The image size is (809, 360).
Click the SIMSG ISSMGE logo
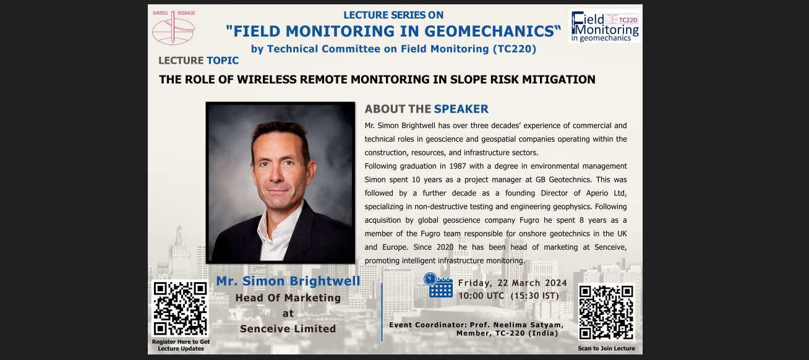(x=174, y=27)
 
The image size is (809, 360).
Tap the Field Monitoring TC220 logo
(x=604, y=26)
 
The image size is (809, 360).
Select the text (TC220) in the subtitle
(x=515, y=49)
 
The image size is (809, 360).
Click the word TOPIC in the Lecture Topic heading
(x=223, y=60)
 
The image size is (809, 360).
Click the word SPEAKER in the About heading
(x=461, y=109)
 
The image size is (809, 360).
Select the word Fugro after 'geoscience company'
(x=529, y=220)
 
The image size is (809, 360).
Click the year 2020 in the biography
(x=445, y=247)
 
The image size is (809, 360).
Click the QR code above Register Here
(x=180, y=309)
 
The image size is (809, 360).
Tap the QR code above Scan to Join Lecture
(x=606, y=312)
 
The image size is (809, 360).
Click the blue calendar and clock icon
(x=439, y=285)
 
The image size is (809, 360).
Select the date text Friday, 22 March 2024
(x=513, y=283)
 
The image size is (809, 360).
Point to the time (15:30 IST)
(x=534, y=296)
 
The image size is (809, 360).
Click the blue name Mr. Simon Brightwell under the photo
(x=288, y=281)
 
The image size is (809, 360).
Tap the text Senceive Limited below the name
(x=288, y=328)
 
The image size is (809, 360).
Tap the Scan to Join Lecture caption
(x=606, y=348)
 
